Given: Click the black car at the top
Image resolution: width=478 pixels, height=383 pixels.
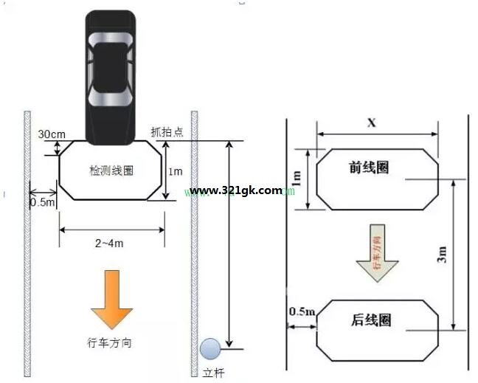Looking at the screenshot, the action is (x=111, y=77).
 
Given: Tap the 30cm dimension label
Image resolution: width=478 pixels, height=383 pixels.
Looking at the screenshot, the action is (x=52, y=134).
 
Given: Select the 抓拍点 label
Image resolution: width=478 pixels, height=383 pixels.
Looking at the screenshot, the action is (x=167, y=132).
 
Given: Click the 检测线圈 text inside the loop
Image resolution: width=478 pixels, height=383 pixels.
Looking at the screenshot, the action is (x=111, y=170).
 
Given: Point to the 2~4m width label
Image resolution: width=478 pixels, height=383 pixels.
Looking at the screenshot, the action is (x=109, y=244).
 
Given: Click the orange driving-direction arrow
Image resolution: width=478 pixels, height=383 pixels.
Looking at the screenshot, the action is (x=112, y=300).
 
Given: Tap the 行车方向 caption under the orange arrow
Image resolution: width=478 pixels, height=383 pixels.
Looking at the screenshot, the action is (x=109, y=342).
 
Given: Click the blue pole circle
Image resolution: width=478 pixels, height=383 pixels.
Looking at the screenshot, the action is (x=210, y=348).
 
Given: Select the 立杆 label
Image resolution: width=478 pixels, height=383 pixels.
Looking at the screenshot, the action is (x=213, y=373).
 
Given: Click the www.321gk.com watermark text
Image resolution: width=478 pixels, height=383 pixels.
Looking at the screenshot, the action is (x=235, y=191).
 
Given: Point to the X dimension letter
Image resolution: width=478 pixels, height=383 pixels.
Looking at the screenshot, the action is (x=372, y=123).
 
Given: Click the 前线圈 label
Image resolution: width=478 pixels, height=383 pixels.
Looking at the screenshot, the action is (x=369, y=168).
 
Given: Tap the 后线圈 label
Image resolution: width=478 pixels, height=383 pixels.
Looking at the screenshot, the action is (x=371, y=320).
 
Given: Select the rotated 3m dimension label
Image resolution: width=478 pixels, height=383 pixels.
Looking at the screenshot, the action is (x=442, y=255).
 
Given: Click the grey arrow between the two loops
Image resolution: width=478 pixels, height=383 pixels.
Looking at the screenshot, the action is (x=378, y=253).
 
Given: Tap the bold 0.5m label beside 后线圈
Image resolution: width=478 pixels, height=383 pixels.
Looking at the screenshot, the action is (x=302, y=311).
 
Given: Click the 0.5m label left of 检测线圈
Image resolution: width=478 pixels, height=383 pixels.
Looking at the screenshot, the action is (x=42, y=202).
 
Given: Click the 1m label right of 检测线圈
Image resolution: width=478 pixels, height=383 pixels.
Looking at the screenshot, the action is (x=176, y=172).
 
